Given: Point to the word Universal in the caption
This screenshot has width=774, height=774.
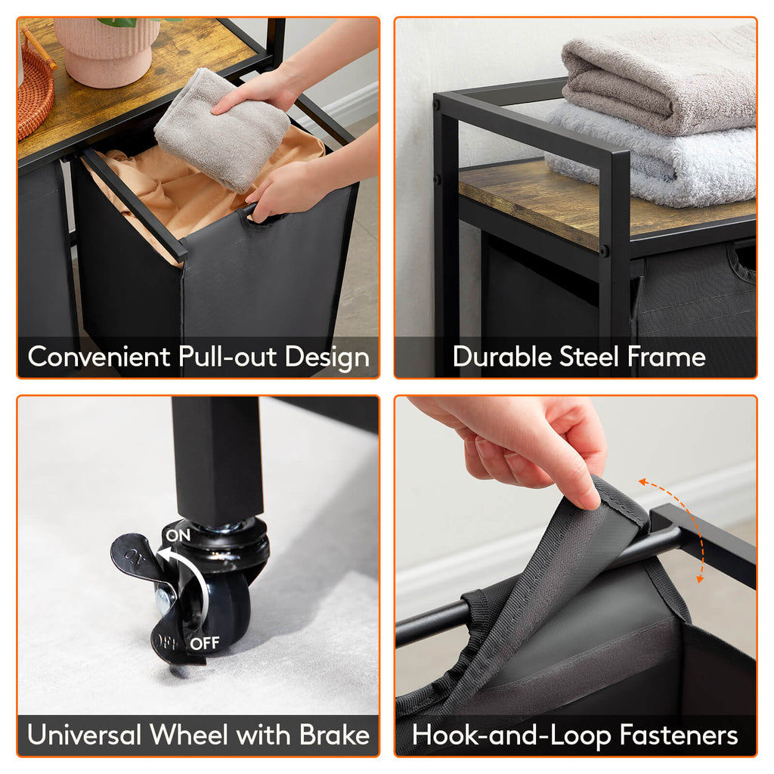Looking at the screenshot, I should pos(85,735).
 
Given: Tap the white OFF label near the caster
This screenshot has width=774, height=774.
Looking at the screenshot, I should pos(204,643).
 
